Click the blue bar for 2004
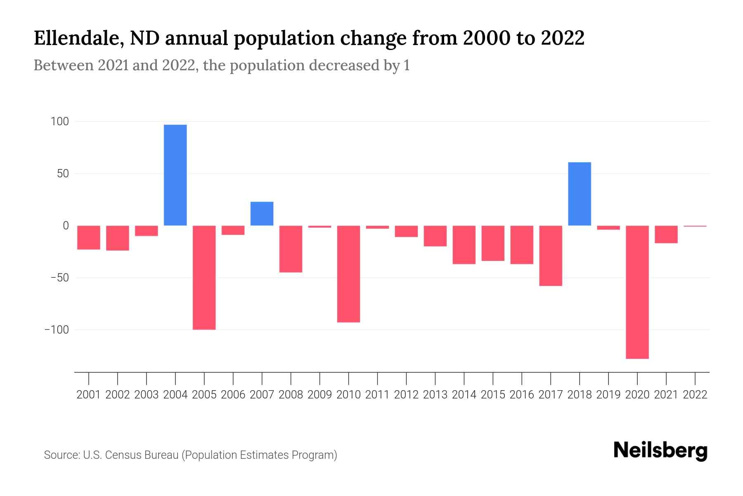point(175,175)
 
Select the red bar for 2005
point(204,277)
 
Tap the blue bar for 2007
point(262,213)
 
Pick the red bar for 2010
point(348,274)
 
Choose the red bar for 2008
point(291,249)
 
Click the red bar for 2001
point(89,237)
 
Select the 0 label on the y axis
point(66,226)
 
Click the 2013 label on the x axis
point(435,395)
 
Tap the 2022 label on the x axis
point(695,395)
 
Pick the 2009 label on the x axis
point(319,395)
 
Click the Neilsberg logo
point(660,451)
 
